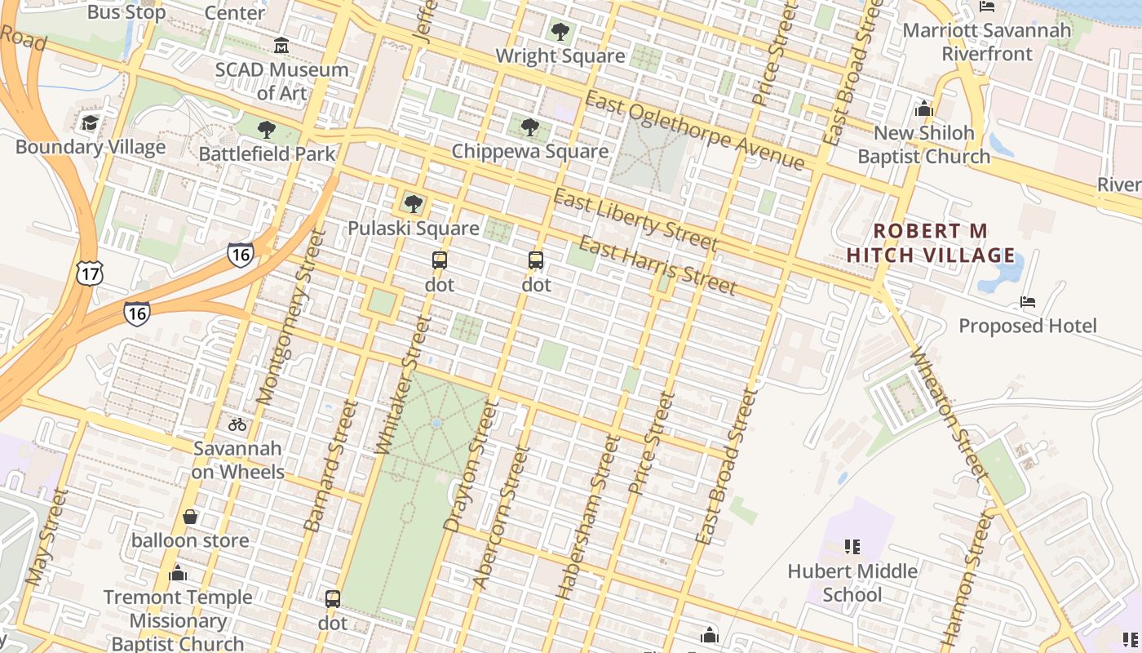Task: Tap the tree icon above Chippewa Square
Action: (530, 127)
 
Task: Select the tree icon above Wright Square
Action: (560, 32)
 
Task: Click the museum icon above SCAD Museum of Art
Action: (281, 46)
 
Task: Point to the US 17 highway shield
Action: (90, 274)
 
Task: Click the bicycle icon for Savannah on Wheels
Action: (237, 424)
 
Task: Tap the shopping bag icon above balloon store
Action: (190, 517)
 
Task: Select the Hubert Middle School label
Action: (852, 582)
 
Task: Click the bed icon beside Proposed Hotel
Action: (1028, 303)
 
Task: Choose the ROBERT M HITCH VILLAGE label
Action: (931, 243)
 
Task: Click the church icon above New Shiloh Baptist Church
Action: (924, 109)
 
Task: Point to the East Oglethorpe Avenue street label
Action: (695, 131)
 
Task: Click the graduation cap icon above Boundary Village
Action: (90, 123)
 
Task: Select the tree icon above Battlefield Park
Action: (266, 129)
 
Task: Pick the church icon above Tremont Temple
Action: (178, 574)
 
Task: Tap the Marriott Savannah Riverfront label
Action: (987, 42)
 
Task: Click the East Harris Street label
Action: (657, 265)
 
